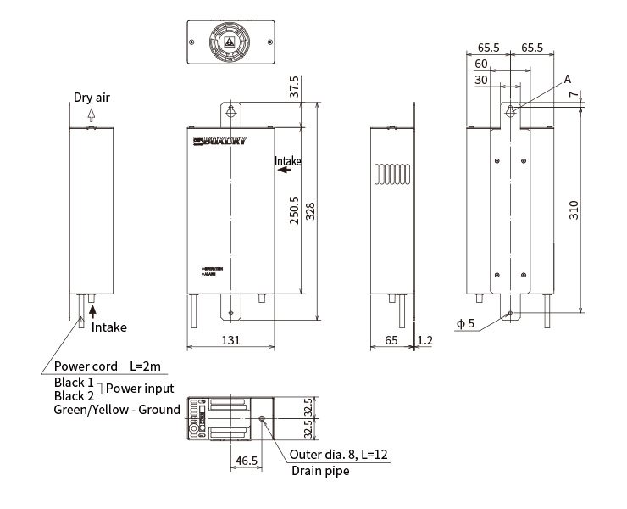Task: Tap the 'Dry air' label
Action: (92, 97)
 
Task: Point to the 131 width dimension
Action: (230, 339)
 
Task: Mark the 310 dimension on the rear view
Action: (574, 210)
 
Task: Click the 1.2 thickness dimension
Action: (426, 339)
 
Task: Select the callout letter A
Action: (568, 79)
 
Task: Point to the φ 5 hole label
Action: (465, 323)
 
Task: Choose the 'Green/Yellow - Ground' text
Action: (117, 410)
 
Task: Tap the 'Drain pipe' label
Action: (319, 471)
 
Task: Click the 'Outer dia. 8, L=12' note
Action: (338, 454)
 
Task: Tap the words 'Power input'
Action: (141, 389)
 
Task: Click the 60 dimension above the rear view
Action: (480, 64)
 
